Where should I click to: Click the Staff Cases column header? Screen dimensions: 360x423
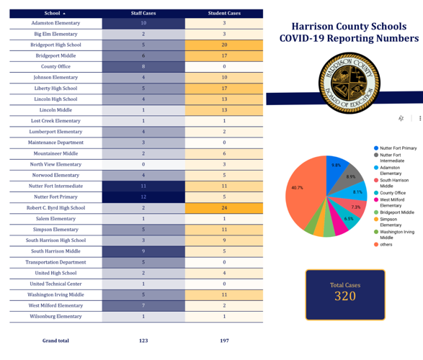[143, 13]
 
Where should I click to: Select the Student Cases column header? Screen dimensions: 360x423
[224, 13]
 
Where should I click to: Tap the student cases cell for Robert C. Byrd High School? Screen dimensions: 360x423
[224, 207]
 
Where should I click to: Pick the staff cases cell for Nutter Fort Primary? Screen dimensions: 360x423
[143, 197]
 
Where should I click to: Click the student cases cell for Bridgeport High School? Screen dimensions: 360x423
[224, 45]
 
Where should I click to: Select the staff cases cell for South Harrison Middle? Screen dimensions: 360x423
[143, 251]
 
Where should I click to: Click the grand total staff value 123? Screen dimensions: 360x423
[143, 341]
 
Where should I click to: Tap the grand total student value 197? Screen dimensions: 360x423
[224, 341]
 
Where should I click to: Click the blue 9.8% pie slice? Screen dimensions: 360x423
[336, 165]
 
